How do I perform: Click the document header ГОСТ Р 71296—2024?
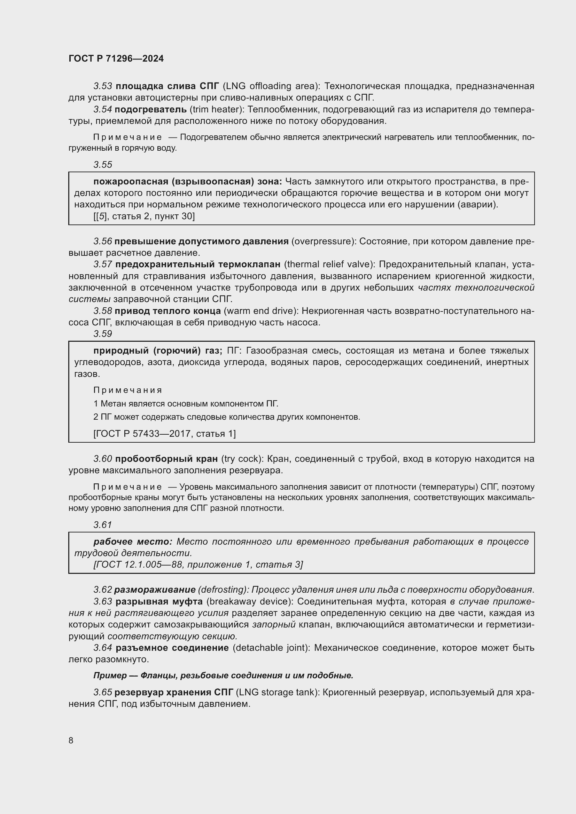pos(116,58)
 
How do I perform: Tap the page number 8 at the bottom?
pos(71,740)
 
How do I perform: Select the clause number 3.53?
pos(103,86)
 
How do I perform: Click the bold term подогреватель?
pos(151,110)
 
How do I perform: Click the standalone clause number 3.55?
pos(103,165)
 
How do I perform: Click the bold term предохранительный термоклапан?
pos(198,264)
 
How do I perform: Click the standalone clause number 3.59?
pos(103,334)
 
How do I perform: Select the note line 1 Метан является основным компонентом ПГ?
pos(186,403)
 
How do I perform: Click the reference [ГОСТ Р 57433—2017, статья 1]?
pos(165,434)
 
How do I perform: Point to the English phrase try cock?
pos(242,459)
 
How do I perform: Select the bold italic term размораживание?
pos(155,590)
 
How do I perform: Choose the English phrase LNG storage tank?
pos(277,692)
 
